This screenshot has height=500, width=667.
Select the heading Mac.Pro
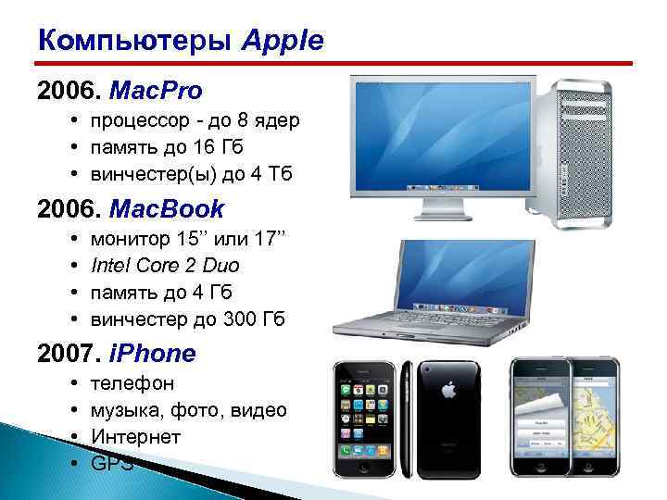[x=156, y=91]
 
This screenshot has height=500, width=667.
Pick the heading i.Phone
[x=153, y=353]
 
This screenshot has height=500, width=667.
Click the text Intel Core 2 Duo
[x=166, y=266]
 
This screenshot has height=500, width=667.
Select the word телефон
[x=132, y=383]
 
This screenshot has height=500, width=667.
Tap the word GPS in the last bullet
[x=112, y=463]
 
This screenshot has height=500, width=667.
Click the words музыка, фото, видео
[x=189, y=409]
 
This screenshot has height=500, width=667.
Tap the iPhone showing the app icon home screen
[x=367, y=417]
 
